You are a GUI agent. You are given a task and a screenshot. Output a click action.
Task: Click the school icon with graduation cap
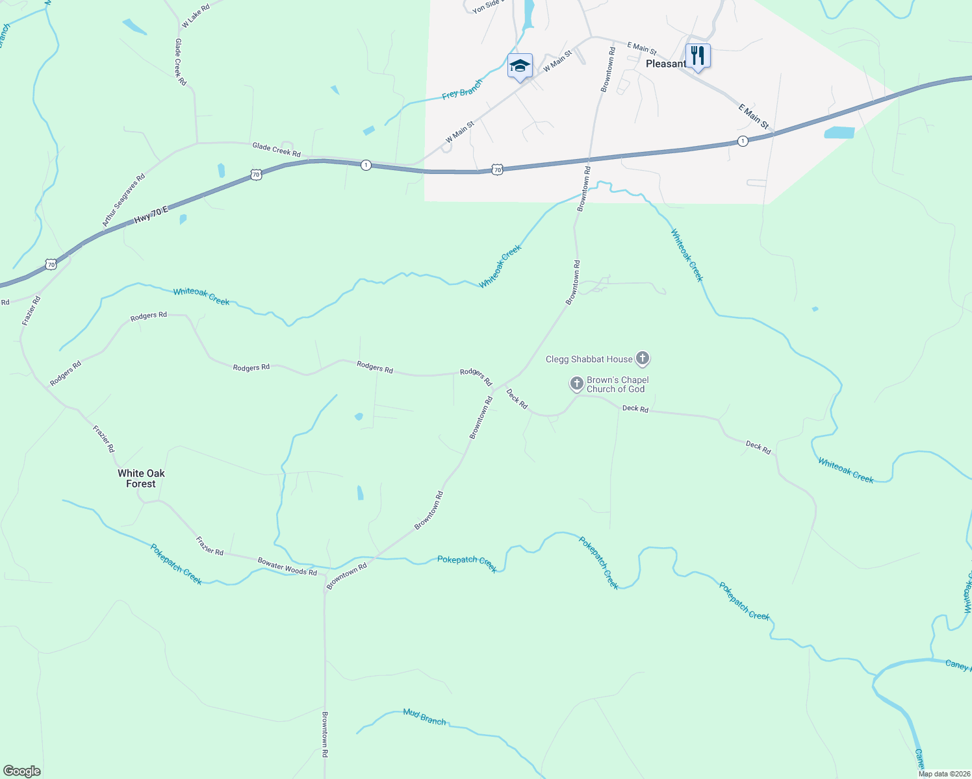coord(520,66)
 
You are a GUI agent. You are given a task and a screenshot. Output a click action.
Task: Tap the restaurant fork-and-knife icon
coord(698,56)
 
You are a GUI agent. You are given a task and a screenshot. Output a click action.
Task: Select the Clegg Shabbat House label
coord(589,359)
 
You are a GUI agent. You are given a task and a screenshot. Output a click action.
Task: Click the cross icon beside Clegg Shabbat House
coord(642,358)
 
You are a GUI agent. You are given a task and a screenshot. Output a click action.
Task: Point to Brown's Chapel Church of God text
coord(617,384)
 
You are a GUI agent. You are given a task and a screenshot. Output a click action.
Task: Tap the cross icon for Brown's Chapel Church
coord(576,384)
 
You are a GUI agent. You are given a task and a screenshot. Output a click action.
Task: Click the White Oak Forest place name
coord(141,478)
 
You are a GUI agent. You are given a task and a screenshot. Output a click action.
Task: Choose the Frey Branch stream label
coord(462,90)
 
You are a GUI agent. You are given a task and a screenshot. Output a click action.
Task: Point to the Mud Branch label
coord(424,717)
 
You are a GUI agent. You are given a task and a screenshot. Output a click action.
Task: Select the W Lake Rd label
coord(196,16)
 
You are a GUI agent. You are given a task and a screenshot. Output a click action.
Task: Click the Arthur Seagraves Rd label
coord(123,200)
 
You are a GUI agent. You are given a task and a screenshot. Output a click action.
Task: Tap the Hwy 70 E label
coord(151,215)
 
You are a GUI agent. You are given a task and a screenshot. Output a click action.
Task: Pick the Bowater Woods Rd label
coord(287,566)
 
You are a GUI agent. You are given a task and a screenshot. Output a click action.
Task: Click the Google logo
coord(22,771)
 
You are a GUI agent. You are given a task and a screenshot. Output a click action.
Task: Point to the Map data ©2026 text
coord(943,774)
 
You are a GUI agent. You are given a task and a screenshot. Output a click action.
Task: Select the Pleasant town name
coord(665,64)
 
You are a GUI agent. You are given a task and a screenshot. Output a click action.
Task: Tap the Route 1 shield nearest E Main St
coord(743,141)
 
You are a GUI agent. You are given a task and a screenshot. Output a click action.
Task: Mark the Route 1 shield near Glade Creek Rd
coord(366,165)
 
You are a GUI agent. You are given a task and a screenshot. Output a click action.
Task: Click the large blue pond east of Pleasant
coord(839,133)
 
